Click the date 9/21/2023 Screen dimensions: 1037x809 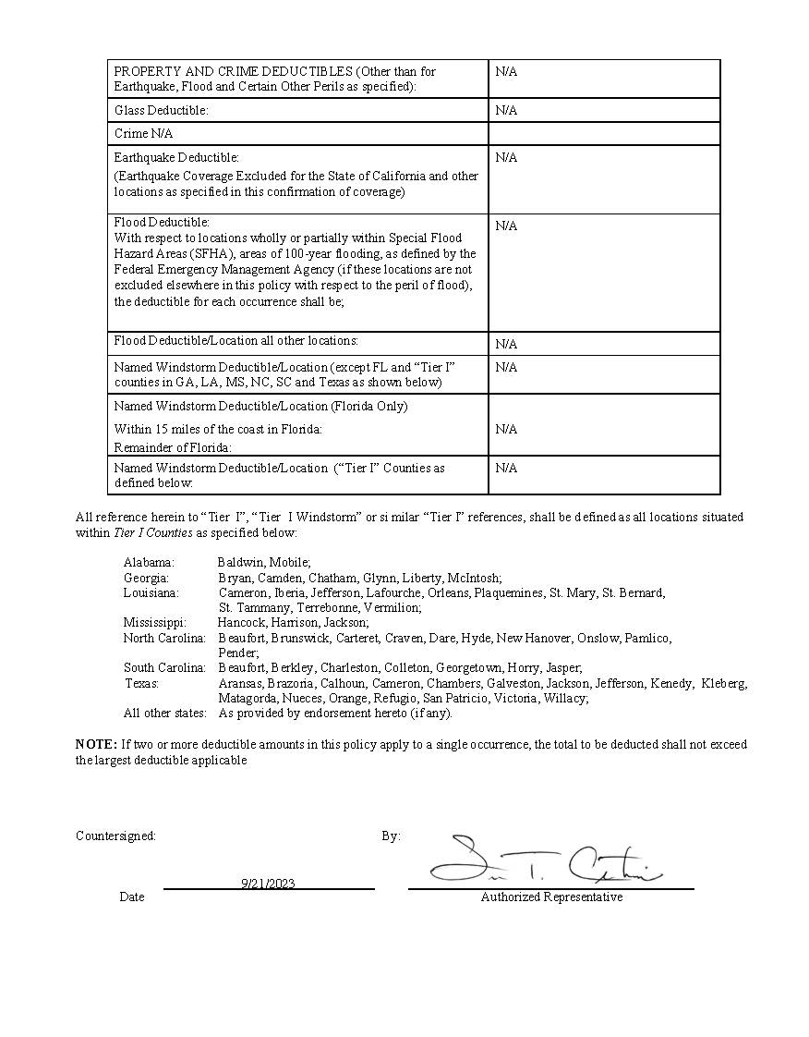click(x=268, y=884)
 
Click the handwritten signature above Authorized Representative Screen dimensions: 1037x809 click(x=545, y=861)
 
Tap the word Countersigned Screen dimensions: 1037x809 click(x=115, y=836)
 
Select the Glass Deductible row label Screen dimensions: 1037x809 click(x=161, y=110)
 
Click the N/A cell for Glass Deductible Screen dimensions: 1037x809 click(x=506, y=110)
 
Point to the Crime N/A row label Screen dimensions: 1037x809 click(x=143, y=133)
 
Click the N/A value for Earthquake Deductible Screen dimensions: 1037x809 click(x=506, y=157)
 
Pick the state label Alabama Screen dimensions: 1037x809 click(x=149, y=562)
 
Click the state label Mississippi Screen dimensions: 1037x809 click(x=154, y=623)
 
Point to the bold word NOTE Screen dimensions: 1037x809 click(x=96, y=744)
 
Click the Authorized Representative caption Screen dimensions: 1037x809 click(x=551, y=897)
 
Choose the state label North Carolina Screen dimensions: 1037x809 click(x=164, y=638)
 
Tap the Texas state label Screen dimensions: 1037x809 click(x=142, y=684)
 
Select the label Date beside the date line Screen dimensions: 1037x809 click(x=132, y=897)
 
